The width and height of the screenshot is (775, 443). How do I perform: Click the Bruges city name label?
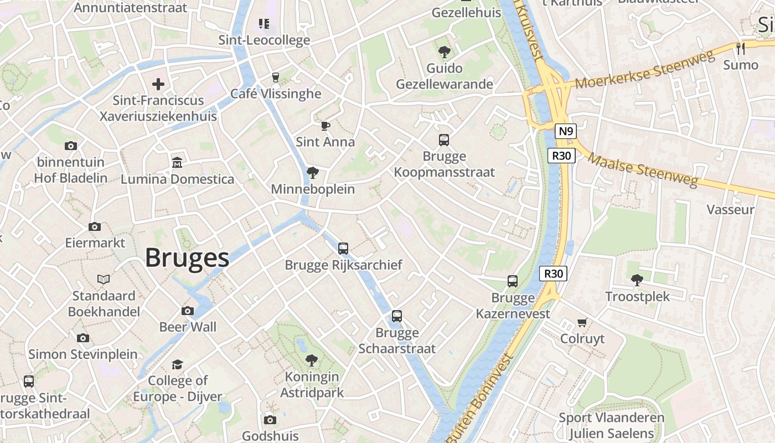coord(187,258)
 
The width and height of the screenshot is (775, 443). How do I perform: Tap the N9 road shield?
coord(566,131)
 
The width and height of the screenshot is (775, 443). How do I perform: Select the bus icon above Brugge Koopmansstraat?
coord(444,140)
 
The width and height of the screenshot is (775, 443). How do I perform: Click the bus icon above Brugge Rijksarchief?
coord(343,249)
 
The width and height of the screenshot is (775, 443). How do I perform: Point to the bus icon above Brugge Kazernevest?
coord(513,281)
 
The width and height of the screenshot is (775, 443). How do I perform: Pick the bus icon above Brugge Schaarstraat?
coord(397,316)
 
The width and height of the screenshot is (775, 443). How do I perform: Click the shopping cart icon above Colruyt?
coord(582,322)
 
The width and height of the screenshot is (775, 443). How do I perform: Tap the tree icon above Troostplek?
coord(637,280)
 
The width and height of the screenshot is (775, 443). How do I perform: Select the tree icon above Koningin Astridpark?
coord(312,360)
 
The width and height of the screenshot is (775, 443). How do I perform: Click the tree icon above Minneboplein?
coord(313,173)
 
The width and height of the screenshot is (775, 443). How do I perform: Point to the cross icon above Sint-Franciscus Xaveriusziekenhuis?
coord(158,84)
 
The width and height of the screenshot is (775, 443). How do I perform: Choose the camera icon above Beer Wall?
coord(188,311)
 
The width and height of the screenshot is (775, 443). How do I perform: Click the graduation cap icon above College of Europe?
coord(177,364)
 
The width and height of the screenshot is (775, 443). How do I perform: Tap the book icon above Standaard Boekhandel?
coord(104,279)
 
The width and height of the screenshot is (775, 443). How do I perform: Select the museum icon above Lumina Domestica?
coord(177,163)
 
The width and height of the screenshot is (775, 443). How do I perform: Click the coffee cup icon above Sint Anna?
coord(325,126)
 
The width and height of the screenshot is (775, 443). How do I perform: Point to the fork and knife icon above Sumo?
coord(741,49)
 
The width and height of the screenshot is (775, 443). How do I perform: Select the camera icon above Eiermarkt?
coord(95,226)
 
